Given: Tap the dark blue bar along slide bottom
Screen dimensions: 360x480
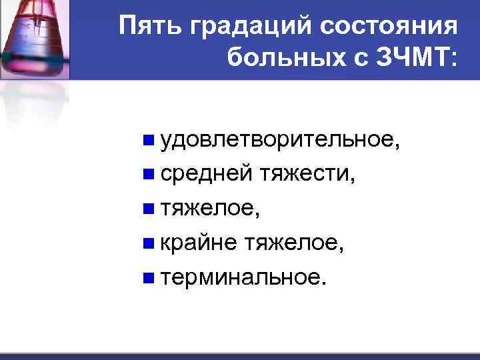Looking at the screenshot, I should [x=240, y=356].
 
